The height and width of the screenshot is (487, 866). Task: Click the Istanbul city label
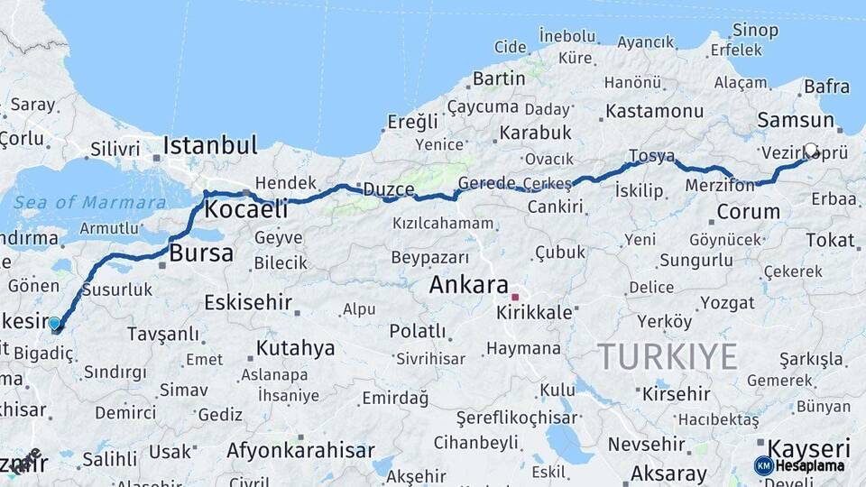(x=210, y=145)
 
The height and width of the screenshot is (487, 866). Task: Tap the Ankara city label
(x=468, y=286)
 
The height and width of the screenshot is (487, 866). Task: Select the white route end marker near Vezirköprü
(x=811, y=151)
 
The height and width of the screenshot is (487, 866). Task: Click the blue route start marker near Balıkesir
(x=55, y=323)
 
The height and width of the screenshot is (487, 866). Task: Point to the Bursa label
(x=201, y=253)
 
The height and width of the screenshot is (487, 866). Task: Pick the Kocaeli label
(x=246, y=210)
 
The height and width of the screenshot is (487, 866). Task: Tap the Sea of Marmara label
(x=90, y=202)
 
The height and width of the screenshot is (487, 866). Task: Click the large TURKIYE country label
(x=667, y=356)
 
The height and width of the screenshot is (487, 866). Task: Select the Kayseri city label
(x=808, y=448)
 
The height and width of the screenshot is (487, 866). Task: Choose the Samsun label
(x=796, y=121)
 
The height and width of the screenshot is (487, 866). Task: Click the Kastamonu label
(x=654, y=111)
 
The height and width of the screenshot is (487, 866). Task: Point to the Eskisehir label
(x=248, y=302)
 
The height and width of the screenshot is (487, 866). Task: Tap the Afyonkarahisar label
(x=300, y=450)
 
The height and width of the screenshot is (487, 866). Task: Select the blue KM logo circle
(x=763, y=465)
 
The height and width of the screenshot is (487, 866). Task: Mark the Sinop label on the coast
(x=755, y=31)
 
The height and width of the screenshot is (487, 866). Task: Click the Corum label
(x=748, y=213)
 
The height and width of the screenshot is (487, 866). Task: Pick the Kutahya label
(x=295, y=348)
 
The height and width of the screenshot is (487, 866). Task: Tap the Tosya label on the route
(x=651, y=156)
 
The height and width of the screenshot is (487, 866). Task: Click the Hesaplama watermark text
(x=810, y=466)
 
